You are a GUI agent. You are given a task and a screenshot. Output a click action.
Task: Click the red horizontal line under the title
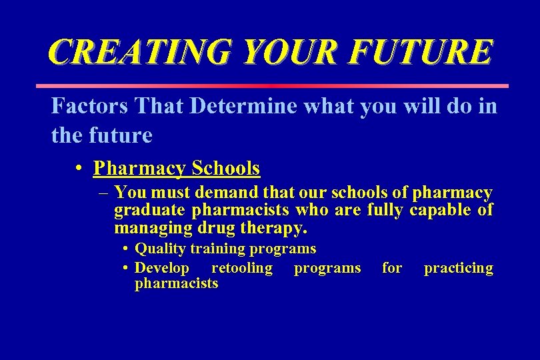pyautogui.click(x=271, y=86)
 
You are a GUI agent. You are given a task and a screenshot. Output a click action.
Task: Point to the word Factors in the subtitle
pyautogui.click(x=89, y=107)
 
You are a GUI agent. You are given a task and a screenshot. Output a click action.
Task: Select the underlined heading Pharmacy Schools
pyautogui.click(x=177, y=168)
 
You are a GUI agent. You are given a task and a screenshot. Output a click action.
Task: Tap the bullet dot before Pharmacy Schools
pyautogui.click(x=79, y=169)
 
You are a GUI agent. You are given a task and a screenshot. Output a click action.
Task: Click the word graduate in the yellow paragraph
pyautogui.click(x=150, y=211)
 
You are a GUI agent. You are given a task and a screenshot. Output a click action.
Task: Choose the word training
pyautogui.click(x=219, y=249)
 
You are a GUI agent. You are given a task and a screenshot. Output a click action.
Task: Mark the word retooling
pyautogui.click(x=241, y=268)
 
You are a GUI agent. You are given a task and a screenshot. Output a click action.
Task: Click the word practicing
pyautogui.click(x=459, y=268)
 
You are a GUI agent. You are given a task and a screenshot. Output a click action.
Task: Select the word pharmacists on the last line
pyautogui.click(x=176, y=283)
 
